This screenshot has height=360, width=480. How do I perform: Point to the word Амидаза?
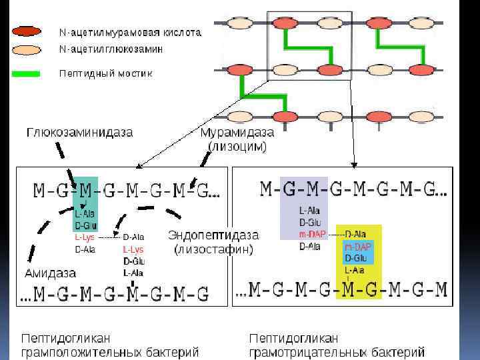click(50, 273)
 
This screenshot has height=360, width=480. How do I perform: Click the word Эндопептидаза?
click(213, 235)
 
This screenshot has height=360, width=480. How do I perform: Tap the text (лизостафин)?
click(213, 251)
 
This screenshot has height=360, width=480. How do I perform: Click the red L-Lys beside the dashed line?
click(85, 237)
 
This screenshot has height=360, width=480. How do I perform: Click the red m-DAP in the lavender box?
click(313, 234)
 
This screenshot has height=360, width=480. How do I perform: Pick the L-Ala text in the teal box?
click(85, 214)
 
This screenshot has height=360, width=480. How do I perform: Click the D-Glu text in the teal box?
click(85, 225)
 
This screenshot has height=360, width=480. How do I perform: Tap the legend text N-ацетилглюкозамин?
click(111, 49)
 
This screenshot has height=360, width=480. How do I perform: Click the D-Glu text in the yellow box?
click(356, 258)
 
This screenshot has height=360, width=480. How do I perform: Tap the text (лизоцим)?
click(237, 146)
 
